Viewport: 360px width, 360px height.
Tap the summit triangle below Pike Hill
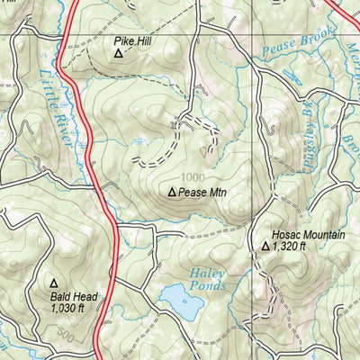(118, 53)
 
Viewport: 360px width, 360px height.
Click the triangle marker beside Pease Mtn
(172, 192)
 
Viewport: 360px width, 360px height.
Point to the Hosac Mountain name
(301, 234)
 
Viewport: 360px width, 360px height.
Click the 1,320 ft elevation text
(291, 246)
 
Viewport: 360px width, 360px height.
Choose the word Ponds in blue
(206, 286)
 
